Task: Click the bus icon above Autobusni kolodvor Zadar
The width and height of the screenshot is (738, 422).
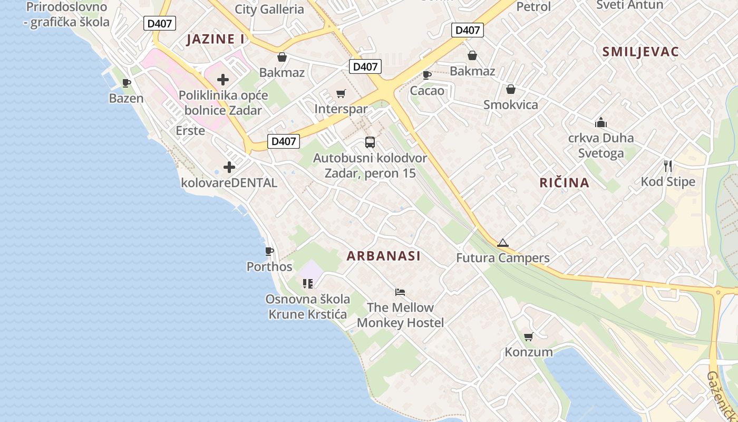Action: (370, 142)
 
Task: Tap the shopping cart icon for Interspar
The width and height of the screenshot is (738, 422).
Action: (341, 94)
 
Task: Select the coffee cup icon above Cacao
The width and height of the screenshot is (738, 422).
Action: (427, 75)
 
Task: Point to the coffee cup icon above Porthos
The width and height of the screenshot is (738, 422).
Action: (269, 251)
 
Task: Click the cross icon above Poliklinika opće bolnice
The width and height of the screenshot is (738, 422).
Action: (223, 80)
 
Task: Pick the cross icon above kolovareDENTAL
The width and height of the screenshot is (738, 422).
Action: (229, 167)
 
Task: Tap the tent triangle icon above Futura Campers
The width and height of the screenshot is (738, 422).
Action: (502, 243)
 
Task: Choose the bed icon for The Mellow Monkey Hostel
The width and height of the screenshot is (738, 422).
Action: (400, 292)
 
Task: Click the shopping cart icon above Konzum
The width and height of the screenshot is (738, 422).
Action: (528, 337)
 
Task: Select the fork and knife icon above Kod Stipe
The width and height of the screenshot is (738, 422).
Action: (668, 166)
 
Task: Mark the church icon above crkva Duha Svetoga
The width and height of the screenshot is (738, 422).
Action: (600, 122)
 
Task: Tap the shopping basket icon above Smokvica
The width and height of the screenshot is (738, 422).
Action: (510, 89)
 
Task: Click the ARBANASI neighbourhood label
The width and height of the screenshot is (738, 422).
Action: (384, 256)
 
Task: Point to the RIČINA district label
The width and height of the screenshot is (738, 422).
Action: (564, 183)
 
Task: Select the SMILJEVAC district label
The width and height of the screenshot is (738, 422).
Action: (640, 52)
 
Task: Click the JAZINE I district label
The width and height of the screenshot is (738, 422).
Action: (216, 39)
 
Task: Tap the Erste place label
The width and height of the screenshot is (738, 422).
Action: (190, 130)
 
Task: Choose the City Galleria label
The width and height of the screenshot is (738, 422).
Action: (269, 9)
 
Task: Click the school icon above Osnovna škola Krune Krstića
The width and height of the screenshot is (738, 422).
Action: (308, 284)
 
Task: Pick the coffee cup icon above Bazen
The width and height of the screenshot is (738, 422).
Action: (127, 83)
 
